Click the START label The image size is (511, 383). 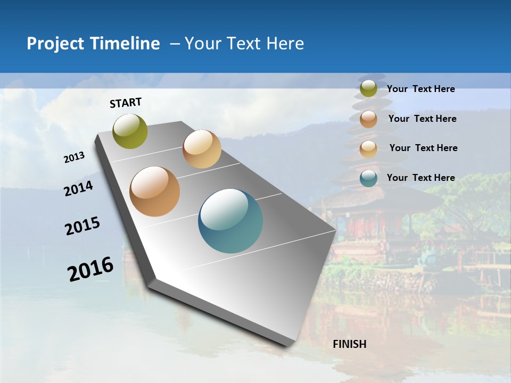click(126, 103)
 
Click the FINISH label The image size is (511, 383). click(350, 344)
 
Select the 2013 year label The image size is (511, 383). click(75, 157)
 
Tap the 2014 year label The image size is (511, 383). click(79, 188)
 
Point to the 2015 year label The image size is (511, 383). click(83, 226)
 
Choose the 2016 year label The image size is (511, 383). click(90, 269)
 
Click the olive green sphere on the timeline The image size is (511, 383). click(130, 131)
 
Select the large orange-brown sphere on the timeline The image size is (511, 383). click(155, 191)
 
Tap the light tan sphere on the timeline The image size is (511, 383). click(202, 149)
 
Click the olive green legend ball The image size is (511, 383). click(368, 89)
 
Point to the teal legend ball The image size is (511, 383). click(368, 178)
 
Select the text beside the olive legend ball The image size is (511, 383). click(421, 89)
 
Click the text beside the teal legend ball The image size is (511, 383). click(421, 178)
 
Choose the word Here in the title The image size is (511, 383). click(285, 44)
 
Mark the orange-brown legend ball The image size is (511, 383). click(368, 119)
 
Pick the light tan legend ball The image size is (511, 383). click(368, 149)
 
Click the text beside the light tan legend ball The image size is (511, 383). click(423, 148)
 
